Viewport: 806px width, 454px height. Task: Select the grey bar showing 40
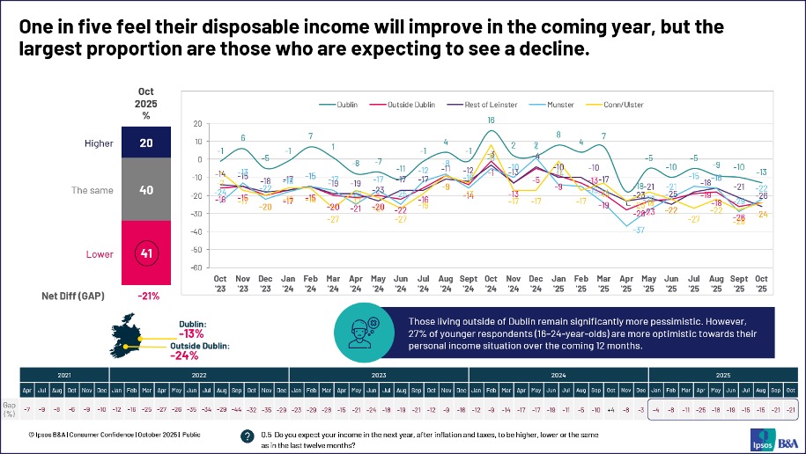click(x=148, y=188)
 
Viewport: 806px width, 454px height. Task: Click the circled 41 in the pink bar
click(x=148, y=254)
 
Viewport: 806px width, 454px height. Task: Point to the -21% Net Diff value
click(x=147, y=297)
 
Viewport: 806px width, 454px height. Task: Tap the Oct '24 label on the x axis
click(x=491, y=284)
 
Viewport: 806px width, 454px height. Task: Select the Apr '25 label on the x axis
click(x=627, y=284)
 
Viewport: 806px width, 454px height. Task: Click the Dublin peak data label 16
click(x=491, y=120)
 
